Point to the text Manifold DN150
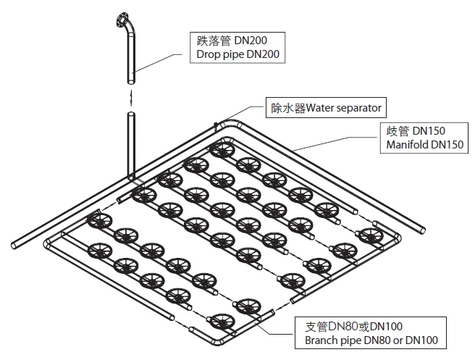(421, 145)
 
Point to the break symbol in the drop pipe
(130, 95)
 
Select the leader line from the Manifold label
(340, 143)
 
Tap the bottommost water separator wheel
(219, 320)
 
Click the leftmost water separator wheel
(95, 221)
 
